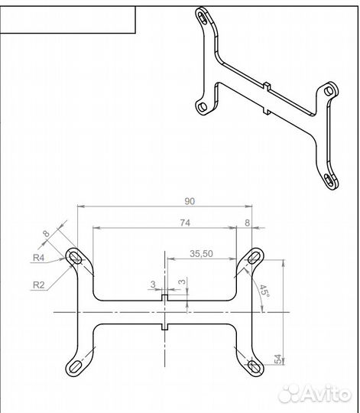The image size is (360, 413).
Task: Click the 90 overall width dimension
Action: tap(190, 201)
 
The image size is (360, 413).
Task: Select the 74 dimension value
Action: tap(185, 223)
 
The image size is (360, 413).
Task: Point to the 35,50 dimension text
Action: tap(201, 254)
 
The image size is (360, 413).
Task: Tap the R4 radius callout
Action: tap(38, 258)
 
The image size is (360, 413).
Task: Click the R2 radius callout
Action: tap(39, 285)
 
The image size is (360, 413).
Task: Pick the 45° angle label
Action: tap(264, 291)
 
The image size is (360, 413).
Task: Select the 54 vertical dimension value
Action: tap(278, 359)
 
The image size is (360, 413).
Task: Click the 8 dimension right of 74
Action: tap(247, 223)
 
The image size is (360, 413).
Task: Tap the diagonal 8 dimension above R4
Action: tap(46, 233)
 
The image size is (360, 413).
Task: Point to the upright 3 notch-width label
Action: tap(153, 285)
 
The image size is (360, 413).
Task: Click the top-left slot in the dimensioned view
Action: tap(75, 257)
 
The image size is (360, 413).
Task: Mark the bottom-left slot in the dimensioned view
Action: tap(75, 366)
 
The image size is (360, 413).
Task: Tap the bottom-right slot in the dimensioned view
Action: tap(255, 366)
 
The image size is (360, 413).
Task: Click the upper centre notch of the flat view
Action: tap(165, 298)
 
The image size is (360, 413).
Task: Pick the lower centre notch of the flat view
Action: tap(165, 327)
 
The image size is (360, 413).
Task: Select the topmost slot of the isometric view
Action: tap(203, 18)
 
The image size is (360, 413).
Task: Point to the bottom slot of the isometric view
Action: tap(329, 180)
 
